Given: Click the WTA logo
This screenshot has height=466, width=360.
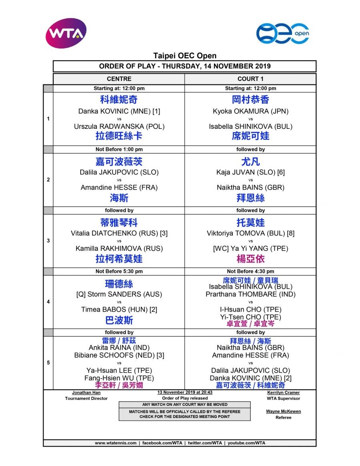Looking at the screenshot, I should (x=66, y=33).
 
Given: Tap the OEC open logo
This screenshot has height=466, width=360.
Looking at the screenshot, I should (x=282, y=34).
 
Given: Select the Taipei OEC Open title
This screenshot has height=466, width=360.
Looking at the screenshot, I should (x=185, y=56).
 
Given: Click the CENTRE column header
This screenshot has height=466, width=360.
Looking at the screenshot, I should (x=119, y=79).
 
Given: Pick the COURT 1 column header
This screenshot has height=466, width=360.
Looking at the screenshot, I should (x=250, y=79).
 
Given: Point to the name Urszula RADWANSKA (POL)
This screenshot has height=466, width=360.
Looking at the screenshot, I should (x=119, y=126).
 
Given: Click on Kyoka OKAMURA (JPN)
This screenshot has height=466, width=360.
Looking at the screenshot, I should (x=250, y=112).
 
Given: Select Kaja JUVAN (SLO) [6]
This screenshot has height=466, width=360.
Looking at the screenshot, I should (x=250, y=172).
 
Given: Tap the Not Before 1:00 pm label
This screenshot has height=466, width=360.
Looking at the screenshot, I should (x=119, y=149).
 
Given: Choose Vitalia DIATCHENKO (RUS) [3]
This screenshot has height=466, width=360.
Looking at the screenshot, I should (x=119, y=233).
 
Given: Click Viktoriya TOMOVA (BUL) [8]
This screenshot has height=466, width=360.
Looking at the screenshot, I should (x=250, y=233).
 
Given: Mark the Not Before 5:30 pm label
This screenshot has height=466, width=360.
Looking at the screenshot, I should (x=119, y=271).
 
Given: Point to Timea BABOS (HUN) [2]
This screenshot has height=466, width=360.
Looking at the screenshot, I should (x=119, y=309).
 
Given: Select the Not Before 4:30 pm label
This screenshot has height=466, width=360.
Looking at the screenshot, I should (x=250, y=271).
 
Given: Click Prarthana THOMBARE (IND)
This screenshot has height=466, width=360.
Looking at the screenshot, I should (x=250, y=294).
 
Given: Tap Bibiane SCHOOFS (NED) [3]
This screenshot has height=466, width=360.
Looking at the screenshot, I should (x=119, y=355).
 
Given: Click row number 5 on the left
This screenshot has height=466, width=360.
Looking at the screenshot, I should (x=48, y=363).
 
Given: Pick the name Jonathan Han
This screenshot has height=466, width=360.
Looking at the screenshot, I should (x=86, y=393).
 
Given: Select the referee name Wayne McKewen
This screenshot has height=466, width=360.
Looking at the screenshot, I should (x=283, y=411).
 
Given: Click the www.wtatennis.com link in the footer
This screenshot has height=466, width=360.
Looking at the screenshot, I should (x=116, y=443).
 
